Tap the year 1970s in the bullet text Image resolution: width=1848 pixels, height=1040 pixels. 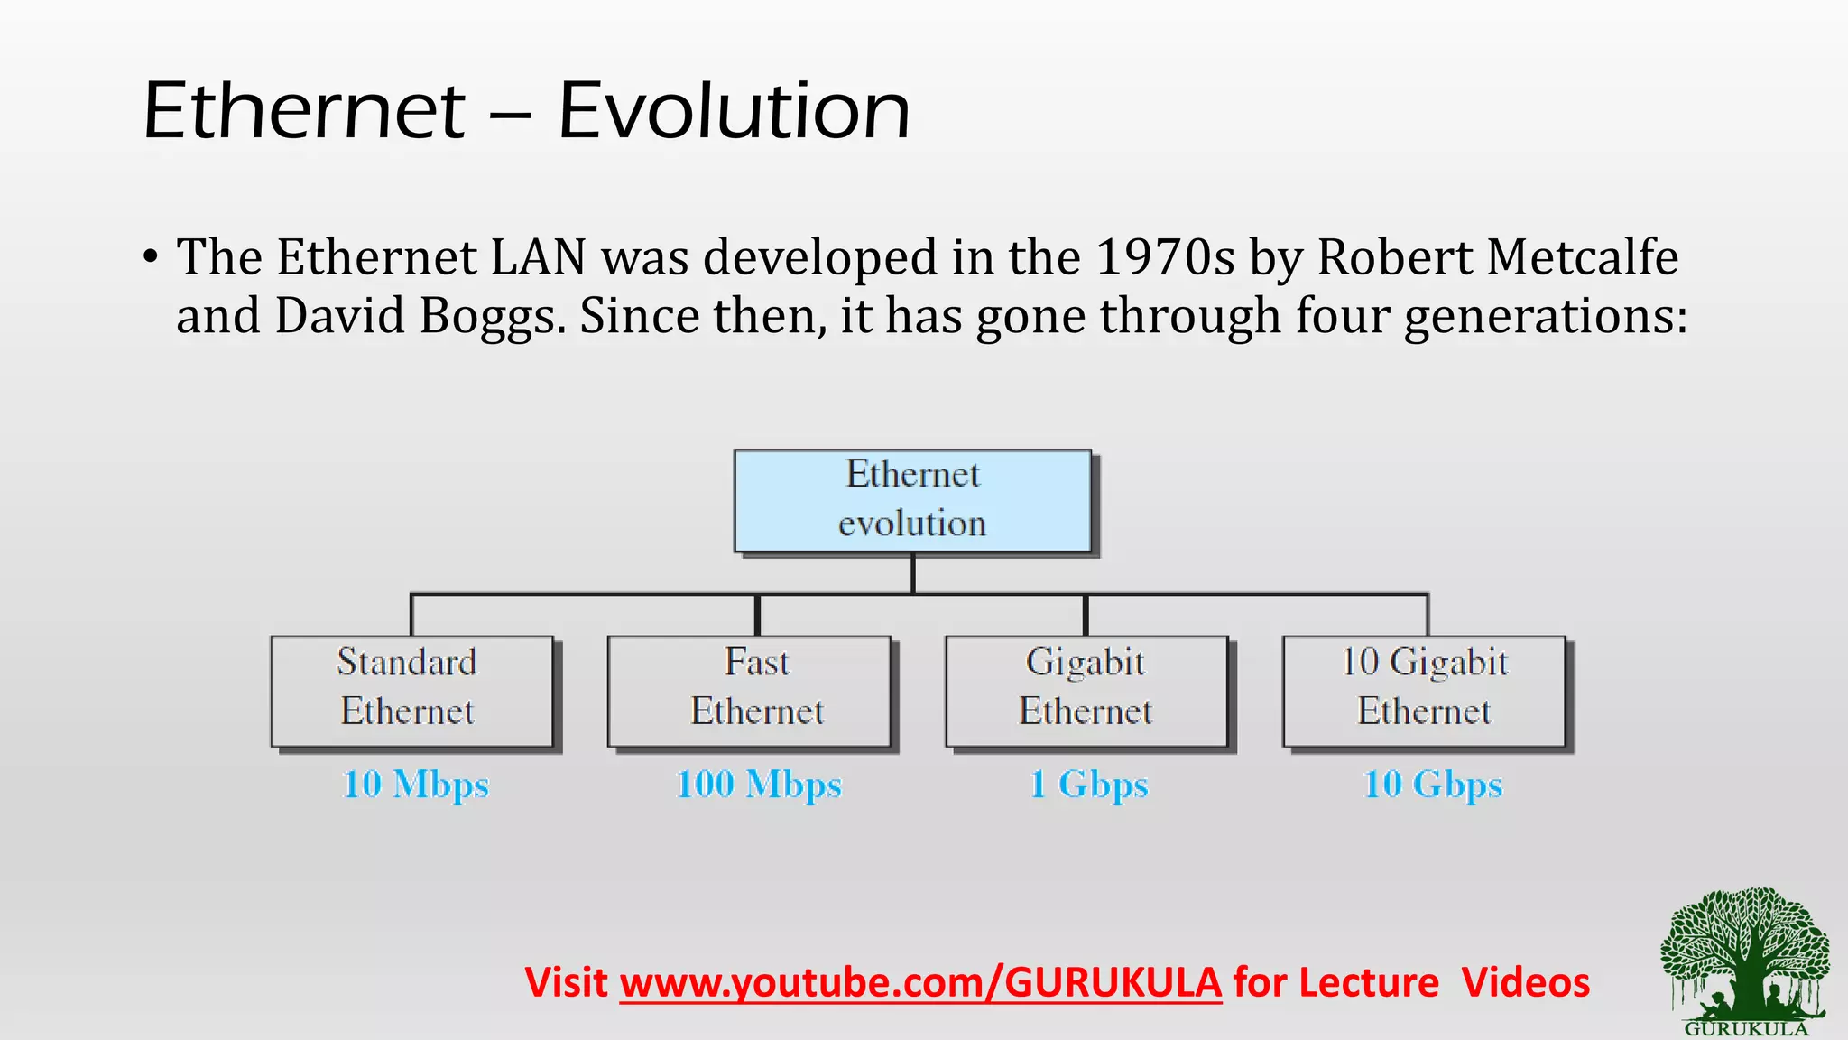[x=1164, y=257]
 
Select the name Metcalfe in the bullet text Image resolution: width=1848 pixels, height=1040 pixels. [x=1582, y=257]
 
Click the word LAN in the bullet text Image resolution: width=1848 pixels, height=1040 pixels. [x=539, y=257]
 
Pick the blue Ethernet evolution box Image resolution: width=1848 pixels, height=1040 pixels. [x=912, y=501]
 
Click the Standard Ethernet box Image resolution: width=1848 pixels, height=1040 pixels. [x=411, y=692]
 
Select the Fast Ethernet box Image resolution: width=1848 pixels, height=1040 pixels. [x=749, y=692]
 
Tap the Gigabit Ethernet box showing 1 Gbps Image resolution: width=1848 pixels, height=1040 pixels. [x=1086, y=692]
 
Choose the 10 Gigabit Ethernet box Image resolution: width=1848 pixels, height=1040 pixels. [x=1424, y=692]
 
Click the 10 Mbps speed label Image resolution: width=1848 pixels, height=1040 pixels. [x=415, y=784]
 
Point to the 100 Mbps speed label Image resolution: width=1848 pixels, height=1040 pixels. [x=759, y=784]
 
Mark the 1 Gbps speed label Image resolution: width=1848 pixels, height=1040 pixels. [x=1089, y=784]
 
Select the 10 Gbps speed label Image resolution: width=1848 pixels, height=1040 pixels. [x=1433, y=784]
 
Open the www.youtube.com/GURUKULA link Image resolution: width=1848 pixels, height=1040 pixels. [x=920, y=982]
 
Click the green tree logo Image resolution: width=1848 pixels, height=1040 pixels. [x=1745, y=959]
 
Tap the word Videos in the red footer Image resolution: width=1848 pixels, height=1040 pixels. [x=1526, y=982]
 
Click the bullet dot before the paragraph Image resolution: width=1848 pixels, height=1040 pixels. [x=151, y=257]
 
